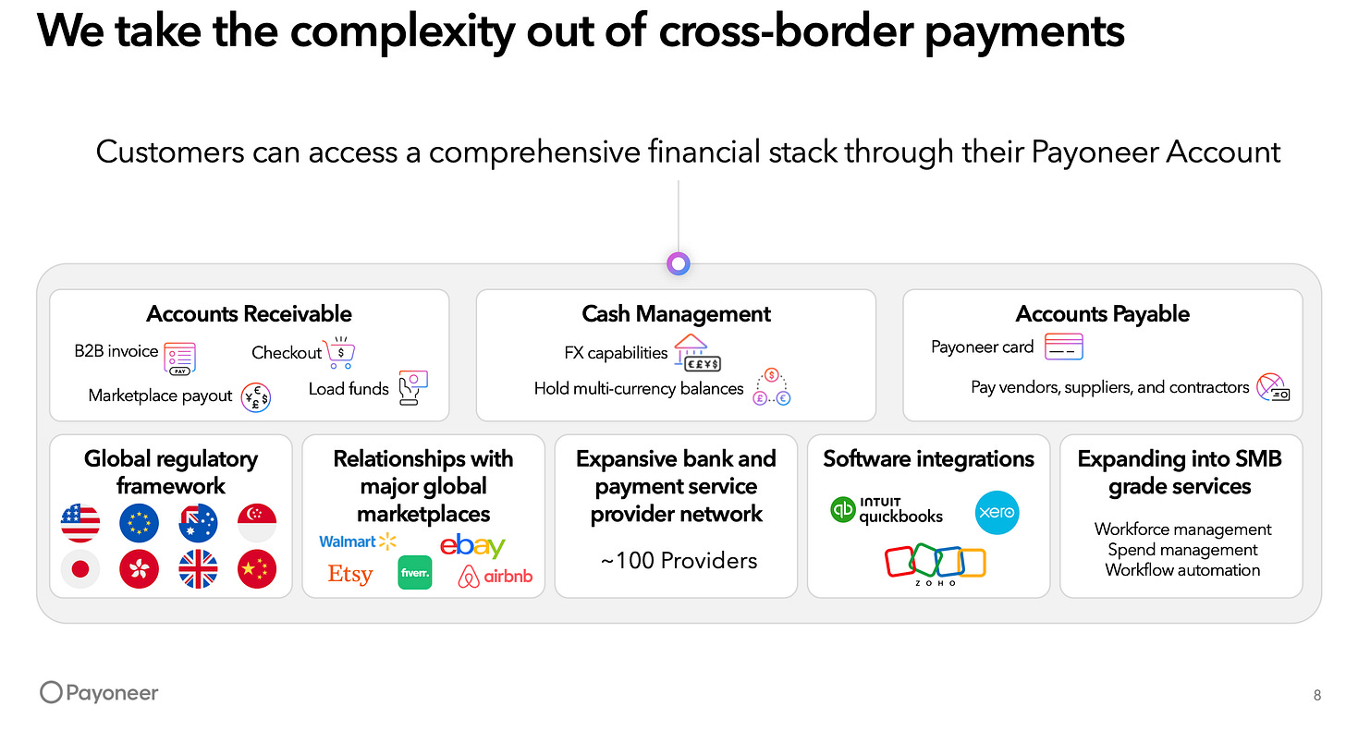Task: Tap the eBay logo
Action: tap(472, 545)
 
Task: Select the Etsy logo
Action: tap(350, 574)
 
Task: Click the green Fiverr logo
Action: tap(415, 573)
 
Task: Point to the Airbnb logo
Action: tap(496, 578)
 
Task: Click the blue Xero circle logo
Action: tap(997, 512)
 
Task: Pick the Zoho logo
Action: tap(935, 565)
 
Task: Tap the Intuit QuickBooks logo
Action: tap(887, 510)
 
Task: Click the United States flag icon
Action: tap(80, 523)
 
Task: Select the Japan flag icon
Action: tap(80, 569)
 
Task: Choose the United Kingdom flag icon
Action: tap(198, 569)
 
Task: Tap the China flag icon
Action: tap(257, 569)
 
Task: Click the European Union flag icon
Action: tap(140, 523)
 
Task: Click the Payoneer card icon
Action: tap(1063, 347)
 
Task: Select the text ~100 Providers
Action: tap(679, 560)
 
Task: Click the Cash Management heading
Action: tap(676, 314)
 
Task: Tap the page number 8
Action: tap(1316, 696)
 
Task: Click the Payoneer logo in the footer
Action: tap(99, 693)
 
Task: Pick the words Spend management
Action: tap(1182, 550)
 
